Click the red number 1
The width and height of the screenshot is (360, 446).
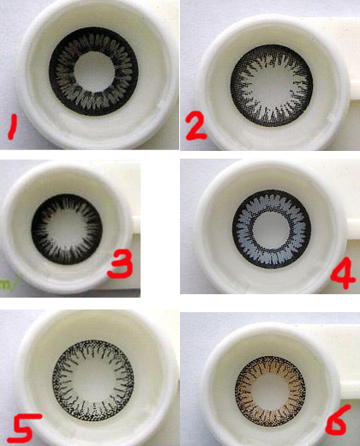click(12, 127)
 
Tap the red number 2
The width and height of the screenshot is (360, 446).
click(195, 126)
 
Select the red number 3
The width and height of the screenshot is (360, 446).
click(120, 264)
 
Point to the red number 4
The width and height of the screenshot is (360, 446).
click(343, 273)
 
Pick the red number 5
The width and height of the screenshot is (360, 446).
click(24, 428)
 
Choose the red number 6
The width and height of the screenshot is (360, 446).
click(338, 420)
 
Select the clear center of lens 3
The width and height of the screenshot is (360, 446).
click(66, 229)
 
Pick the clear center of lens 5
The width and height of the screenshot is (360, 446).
click(93, 381)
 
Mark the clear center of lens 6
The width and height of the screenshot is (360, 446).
click(270, 392)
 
